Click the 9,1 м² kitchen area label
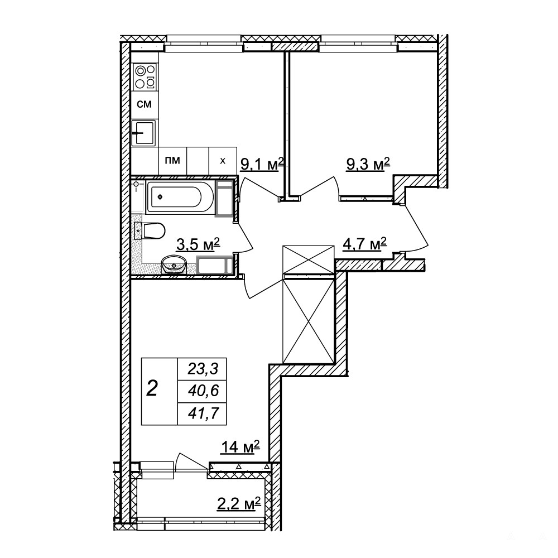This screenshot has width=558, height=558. coord(262,165)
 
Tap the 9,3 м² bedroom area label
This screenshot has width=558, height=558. coord(368,165)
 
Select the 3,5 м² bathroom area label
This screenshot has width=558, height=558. coord(198,245)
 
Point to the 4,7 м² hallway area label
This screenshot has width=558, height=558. coord(365,245)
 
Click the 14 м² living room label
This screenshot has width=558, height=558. coord(240,447)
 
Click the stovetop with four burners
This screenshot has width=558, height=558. coord(145,76)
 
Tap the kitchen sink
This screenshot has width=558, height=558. coord(144,133)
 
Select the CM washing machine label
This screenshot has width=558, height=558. coord(145,104)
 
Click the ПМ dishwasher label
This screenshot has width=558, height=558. coord(172,161)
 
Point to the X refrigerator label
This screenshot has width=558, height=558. coord(223,161)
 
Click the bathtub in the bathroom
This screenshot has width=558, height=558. coord(180,197)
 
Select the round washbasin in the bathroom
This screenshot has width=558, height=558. coord(174,264)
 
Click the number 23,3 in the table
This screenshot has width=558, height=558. coord(203,369)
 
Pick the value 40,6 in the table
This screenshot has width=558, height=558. coord(203,392)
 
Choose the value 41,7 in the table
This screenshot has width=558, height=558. coord(203,413)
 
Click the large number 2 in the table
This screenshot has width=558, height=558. coord(152,388)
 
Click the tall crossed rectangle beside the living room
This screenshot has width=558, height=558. coord(309,320)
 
